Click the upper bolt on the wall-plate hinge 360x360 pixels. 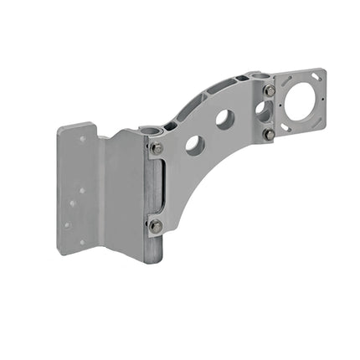(157, 148)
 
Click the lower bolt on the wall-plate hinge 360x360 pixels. (156, 225)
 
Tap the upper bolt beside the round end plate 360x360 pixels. (270, 90)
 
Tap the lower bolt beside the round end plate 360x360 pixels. (270, 134)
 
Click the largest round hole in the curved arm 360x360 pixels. (194, 145)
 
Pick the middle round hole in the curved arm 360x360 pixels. (224, 119)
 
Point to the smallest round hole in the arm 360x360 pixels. (261, 108)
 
